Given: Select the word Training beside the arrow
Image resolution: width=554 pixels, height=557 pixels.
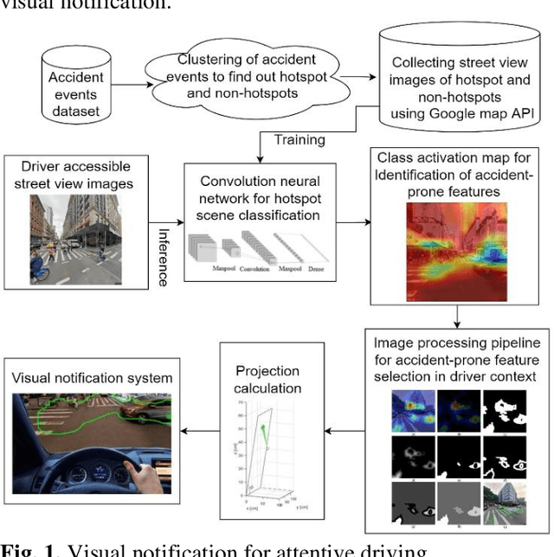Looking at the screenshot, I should [300, 139].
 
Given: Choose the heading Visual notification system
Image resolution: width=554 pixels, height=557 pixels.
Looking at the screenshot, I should [92, 377].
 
